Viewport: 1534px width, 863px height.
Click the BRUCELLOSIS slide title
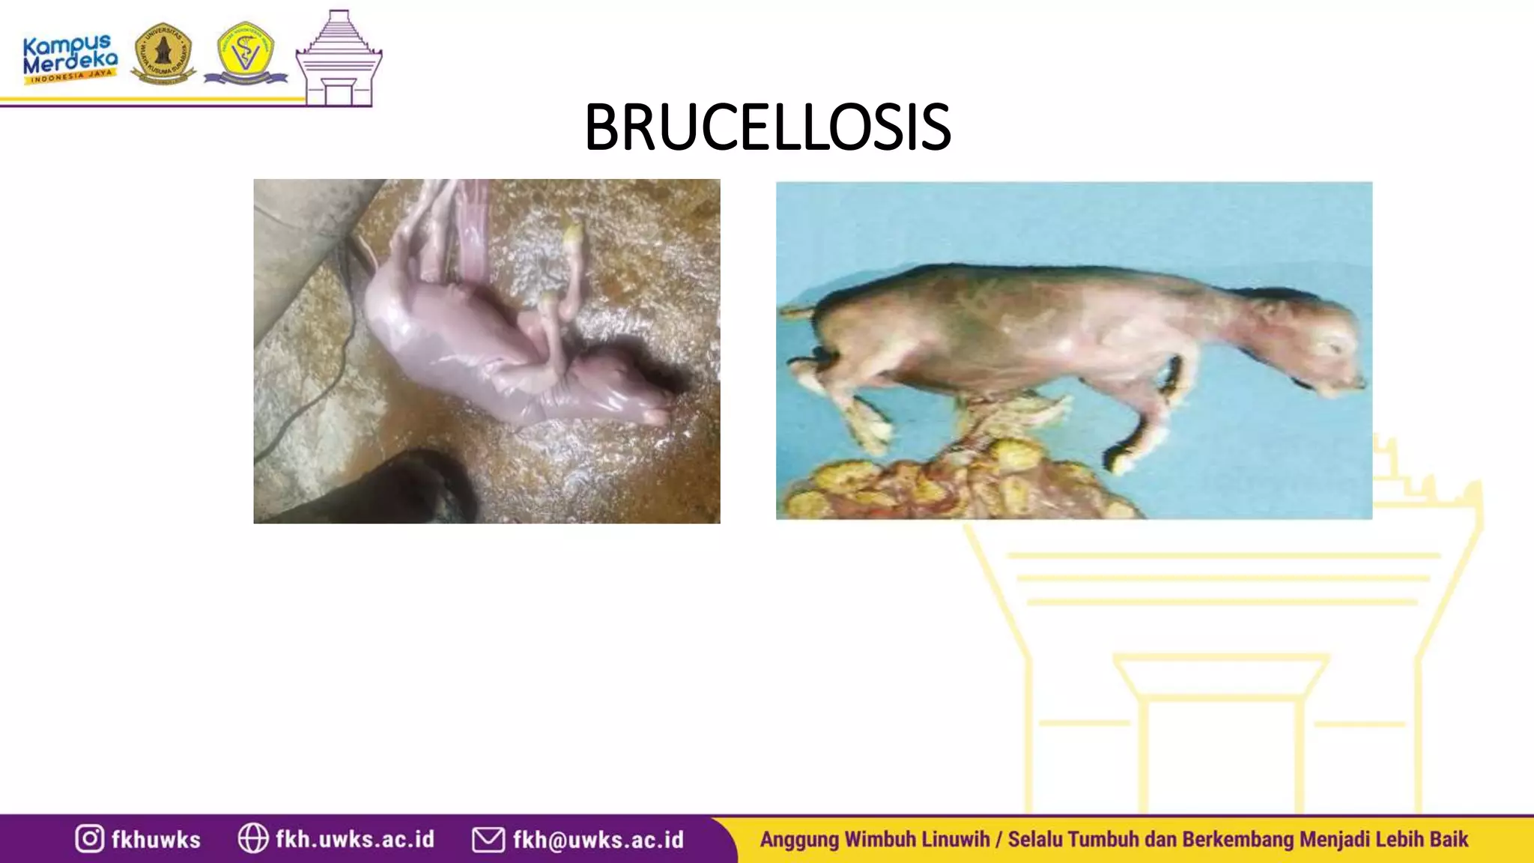point(767,127)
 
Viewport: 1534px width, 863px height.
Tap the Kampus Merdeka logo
point(70,58)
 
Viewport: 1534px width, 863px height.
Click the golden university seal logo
point(163,53)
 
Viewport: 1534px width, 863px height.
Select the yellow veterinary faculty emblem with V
point(245,53)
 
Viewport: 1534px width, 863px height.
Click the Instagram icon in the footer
point(89,838)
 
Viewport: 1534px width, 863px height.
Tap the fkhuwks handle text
point(156,840)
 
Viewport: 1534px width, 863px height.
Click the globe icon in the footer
point(252,838)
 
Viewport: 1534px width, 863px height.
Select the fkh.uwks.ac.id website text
point(354,839)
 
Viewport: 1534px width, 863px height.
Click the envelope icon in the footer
point(488,839)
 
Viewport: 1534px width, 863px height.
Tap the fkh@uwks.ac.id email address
point(598,840)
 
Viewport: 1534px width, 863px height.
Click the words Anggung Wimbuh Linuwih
point(874,839)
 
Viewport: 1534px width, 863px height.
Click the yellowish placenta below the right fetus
point(959,483)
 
